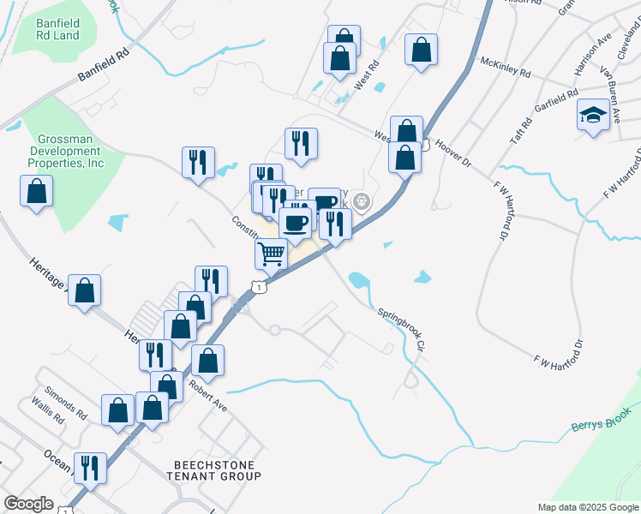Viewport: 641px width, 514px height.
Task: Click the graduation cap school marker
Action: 593,117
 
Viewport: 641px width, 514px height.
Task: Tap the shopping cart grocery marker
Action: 272,253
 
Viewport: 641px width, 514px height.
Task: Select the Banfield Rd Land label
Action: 59,30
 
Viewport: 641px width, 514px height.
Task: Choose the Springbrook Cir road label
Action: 401,328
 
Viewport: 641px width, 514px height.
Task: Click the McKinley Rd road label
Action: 506,65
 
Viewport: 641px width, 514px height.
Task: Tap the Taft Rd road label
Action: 520,132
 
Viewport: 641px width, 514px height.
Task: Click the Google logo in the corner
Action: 28,504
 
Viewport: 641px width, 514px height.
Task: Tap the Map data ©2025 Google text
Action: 587,507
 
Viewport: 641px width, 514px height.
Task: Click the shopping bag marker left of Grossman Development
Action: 36,191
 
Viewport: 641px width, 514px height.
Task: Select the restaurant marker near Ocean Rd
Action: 90,468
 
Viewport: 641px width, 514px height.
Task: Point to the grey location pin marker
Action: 362,203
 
